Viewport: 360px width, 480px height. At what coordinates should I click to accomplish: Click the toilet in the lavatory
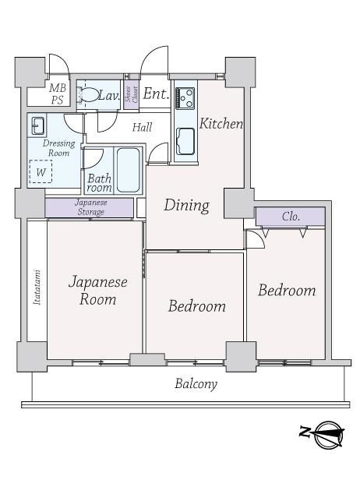pyautogui.click(x=86, y=94)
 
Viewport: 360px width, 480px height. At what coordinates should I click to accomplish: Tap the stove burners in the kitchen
pyautogui.click(x=185, y=98)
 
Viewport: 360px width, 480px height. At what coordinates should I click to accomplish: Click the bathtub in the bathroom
pyautogui.click(x=129, y=170)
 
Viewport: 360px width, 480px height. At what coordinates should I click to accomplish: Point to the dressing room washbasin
pyautogui.click(x=37, y=125)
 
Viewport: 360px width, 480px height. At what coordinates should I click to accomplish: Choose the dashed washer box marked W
pyautogui.click(x=41, y=171)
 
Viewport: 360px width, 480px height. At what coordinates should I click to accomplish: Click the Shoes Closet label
pyautogui.click(x=132, y=94)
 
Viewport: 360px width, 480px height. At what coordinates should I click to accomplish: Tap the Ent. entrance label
pyautogui.click(x=156, y=94)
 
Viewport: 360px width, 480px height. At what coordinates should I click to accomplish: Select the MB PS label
pyautogui.click(x=57, y=94)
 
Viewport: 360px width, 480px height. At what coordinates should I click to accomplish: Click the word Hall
pyautogui.click(x=143, y=127)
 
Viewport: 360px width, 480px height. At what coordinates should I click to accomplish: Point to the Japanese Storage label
pyautogui.click(x=91, y=207)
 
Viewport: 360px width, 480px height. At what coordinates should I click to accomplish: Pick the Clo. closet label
pyautogui.click(x=291, y=217)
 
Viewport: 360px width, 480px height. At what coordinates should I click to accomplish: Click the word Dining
pyautogui.click(x=187, y=205)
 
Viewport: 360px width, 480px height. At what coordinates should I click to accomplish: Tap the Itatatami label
pyautogui.click(x=37, y=287)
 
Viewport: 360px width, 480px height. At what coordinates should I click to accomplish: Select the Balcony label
pyautogui.click(x=196, y=384)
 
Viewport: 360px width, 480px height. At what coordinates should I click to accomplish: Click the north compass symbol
pyautogui.click(x=322, y=435)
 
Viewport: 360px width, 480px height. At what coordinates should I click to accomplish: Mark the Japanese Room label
pyautogui.click(x=98, y=290)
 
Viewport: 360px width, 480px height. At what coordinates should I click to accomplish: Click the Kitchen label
pyautogui.click(x=221, y=123)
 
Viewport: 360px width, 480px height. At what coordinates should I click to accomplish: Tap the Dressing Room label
pyautogui.click(x=58, y=148)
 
